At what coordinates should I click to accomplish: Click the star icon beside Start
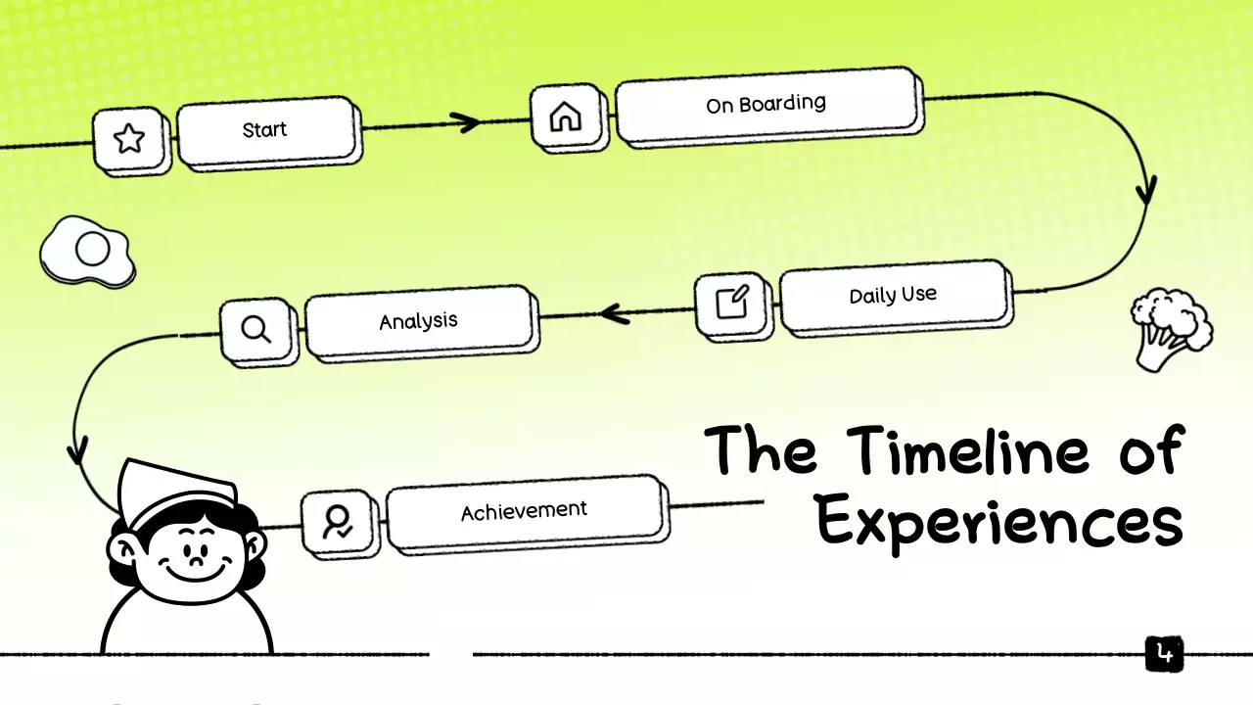point(129,139)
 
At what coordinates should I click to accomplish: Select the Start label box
point(264,129)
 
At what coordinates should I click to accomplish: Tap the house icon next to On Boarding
point(565,117)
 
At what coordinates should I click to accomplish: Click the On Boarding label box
point(766,104)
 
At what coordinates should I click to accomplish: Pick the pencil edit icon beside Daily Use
point(732,303)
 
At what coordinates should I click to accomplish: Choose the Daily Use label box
point(893,295)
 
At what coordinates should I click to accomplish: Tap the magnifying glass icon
point(256,330)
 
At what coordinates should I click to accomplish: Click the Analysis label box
point(419,321)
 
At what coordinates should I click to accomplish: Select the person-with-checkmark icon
point(339,522)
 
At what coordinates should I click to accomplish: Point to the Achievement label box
point(524,511)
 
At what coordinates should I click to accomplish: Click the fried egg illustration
point(88,253)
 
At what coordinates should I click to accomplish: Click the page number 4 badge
point(1164,654)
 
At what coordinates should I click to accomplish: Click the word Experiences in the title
point(998,523)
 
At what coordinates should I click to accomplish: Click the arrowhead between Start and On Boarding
point(467,122)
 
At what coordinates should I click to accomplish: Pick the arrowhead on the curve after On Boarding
point(1145,189)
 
